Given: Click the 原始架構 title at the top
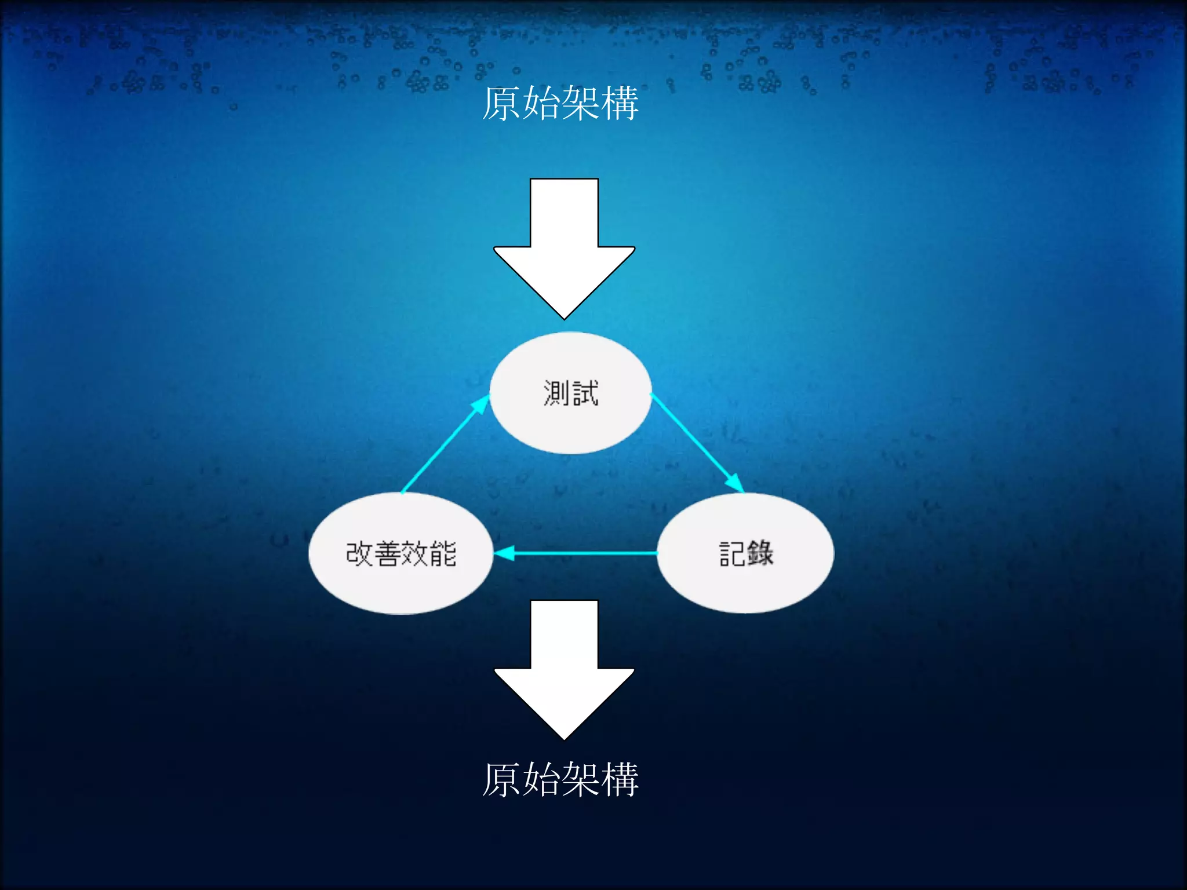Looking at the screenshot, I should click(x=560, y=104).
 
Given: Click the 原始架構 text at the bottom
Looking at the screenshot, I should click(x=560, y=779).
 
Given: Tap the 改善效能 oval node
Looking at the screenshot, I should click(x=401, y=585).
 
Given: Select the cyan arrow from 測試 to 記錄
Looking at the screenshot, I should click(x=697, y=443).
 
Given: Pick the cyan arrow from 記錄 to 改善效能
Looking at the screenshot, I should click(x=576, y=553).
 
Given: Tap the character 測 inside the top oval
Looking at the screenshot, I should click(x=556, y=393).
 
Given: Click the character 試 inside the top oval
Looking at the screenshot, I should click(x=585, y=393).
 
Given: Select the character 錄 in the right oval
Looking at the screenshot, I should click(x=760, y=553).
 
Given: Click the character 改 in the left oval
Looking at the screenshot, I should click(x=359, y=553).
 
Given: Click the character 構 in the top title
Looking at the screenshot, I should click(x=620, y=104).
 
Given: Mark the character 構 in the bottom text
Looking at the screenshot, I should click(x=620, y=779).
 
